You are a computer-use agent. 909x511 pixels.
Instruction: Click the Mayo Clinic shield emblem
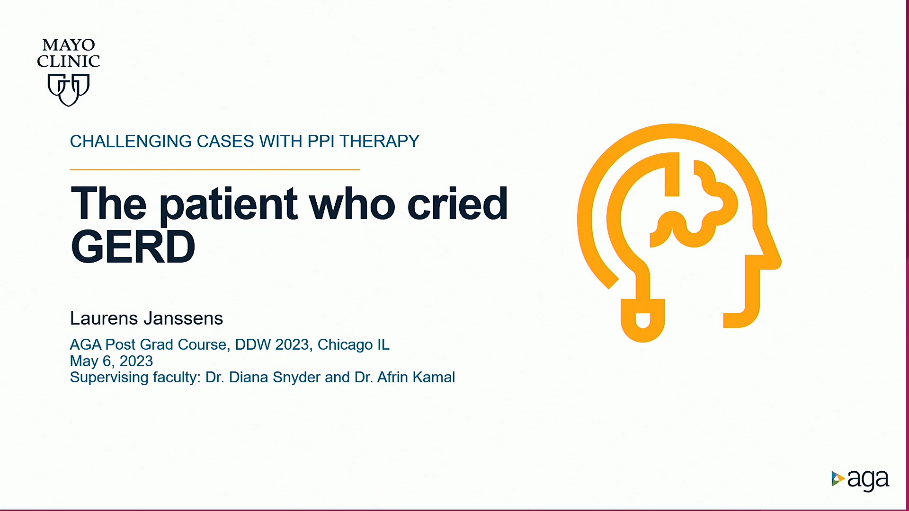[x=69, y=89]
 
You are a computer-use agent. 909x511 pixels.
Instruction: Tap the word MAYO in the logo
[x=69, y=45]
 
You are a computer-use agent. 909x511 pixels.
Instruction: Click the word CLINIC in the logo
[x=69, y=61]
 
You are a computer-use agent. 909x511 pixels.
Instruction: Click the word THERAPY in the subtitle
[x=379, y=141]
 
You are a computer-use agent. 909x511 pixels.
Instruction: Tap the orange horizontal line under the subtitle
[x=214, y=169]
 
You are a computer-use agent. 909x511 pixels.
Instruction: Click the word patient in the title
[x=229, y=205]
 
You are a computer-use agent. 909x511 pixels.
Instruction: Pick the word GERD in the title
[x=133, y=247]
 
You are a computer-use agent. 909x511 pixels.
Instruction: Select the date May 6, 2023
[x=111, y=361]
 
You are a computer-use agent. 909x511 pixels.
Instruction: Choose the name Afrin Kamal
[x=416, y=377]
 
